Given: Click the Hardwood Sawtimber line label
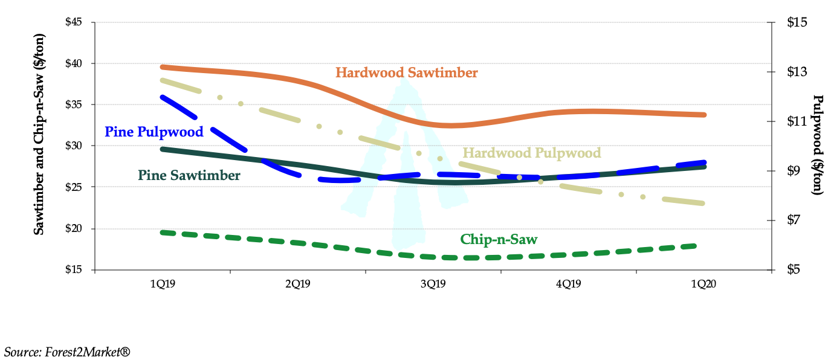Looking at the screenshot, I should point(406,73).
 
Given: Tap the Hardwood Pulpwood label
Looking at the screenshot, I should point(531,153).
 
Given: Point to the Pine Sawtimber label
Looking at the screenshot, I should point(189,176).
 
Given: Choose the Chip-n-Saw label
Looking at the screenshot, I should point(499,239).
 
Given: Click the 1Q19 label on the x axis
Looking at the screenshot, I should point(163,284).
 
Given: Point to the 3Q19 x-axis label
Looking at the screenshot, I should point(433,284).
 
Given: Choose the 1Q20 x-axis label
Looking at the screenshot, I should point(704,284).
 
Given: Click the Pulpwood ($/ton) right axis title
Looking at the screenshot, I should point(818,144).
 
